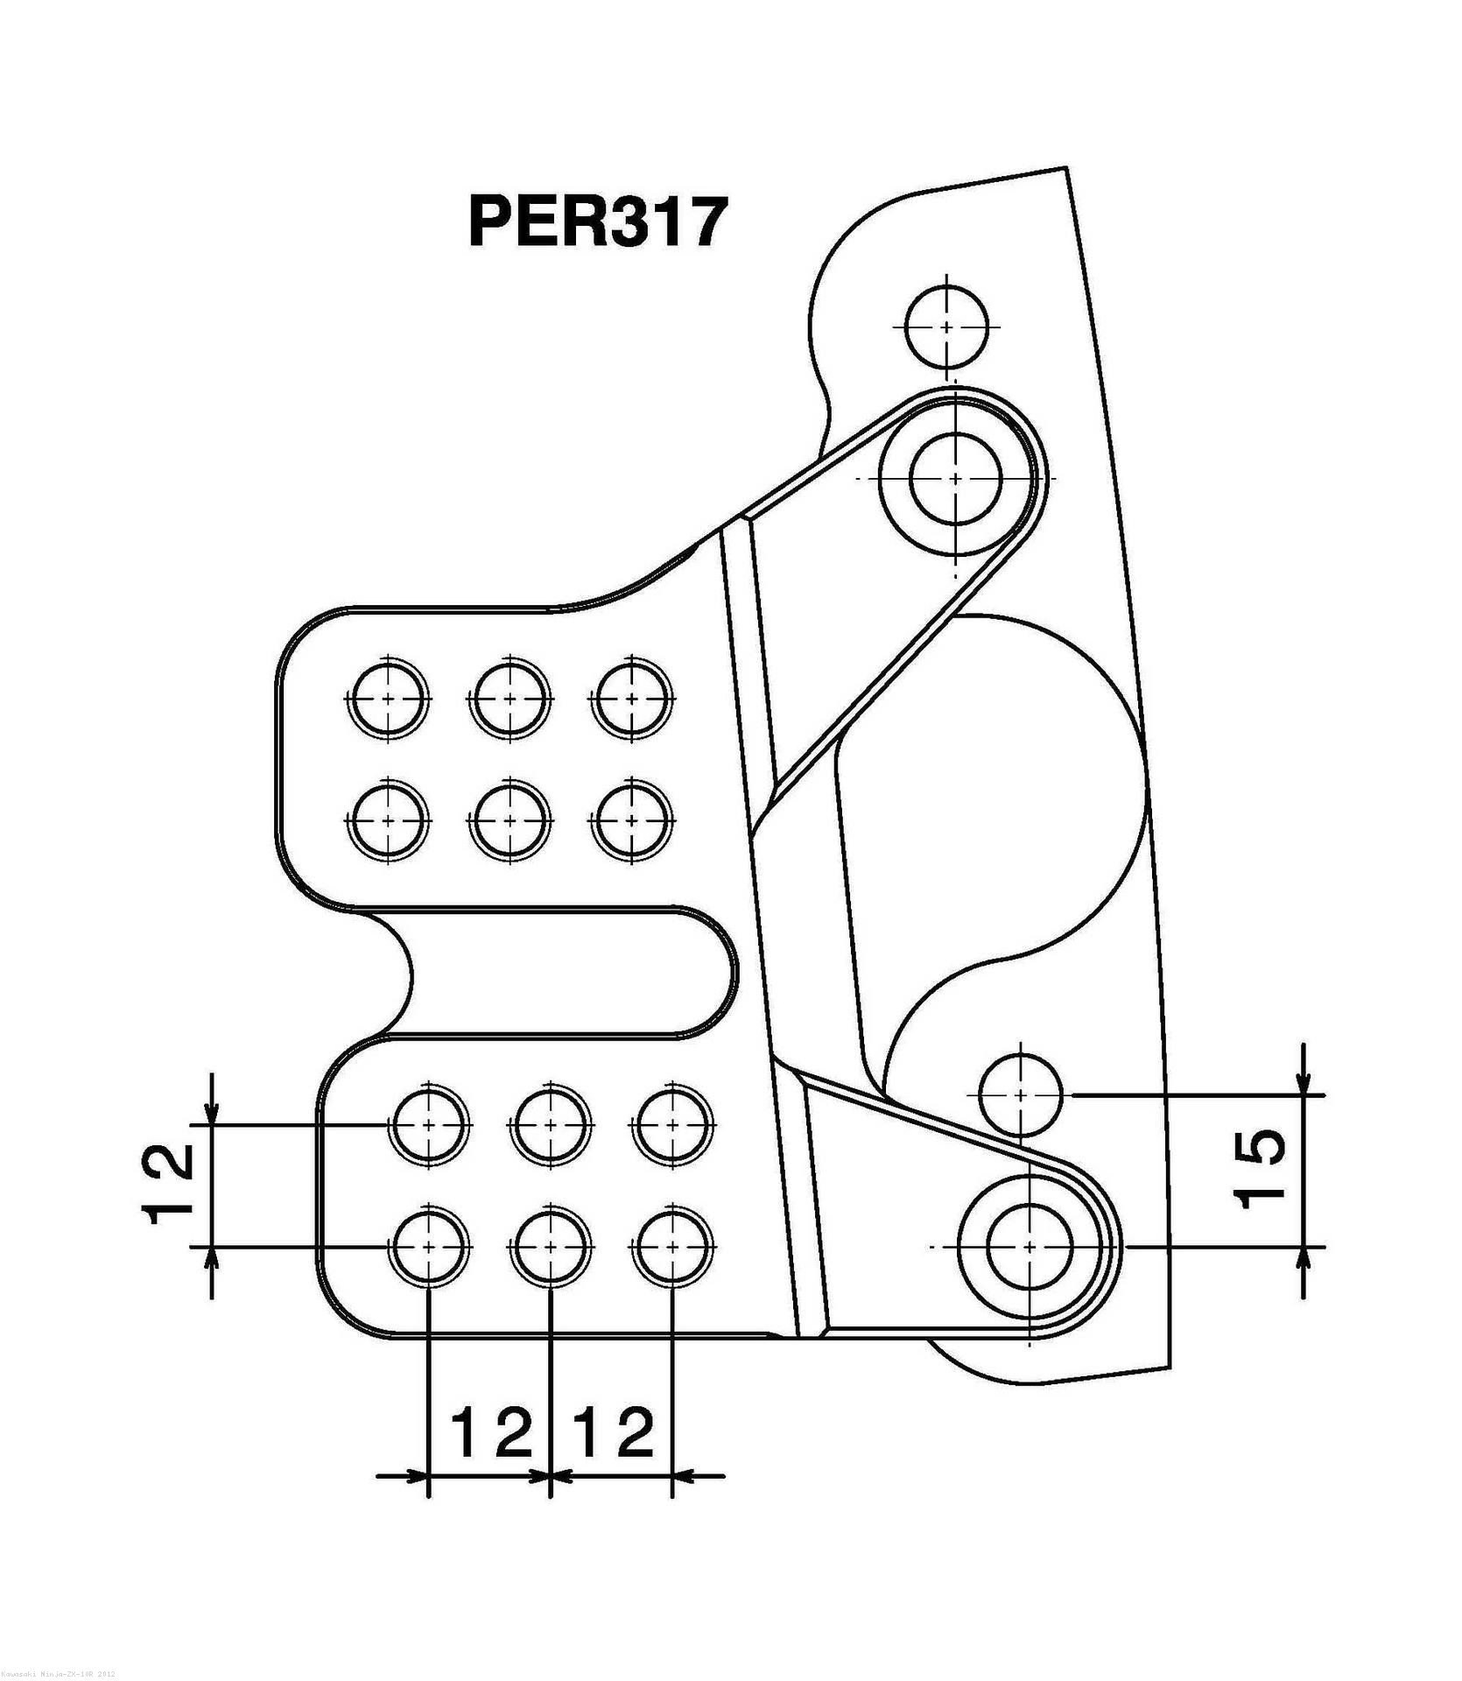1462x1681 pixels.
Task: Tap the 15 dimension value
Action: coord(1262,1169)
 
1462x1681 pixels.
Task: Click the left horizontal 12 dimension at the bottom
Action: coord(492,1431)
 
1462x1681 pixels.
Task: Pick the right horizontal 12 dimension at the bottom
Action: coord(613,1431)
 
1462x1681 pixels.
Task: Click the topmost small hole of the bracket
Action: coord(946,326)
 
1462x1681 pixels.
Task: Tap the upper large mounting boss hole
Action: coord(955,478)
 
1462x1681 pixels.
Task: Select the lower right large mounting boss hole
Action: coord(1030,1245)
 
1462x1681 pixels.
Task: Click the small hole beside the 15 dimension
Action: coord(1020,1094)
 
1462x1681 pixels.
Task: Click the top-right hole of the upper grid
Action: coord(632,699)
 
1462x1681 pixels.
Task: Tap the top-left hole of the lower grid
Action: coord(428,1124)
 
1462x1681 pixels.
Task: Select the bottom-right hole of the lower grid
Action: coord(671,1245)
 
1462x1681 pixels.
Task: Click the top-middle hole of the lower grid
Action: coord(550,1124)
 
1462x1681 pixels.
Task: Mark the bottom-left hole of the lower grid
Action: coord(428,1245)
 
